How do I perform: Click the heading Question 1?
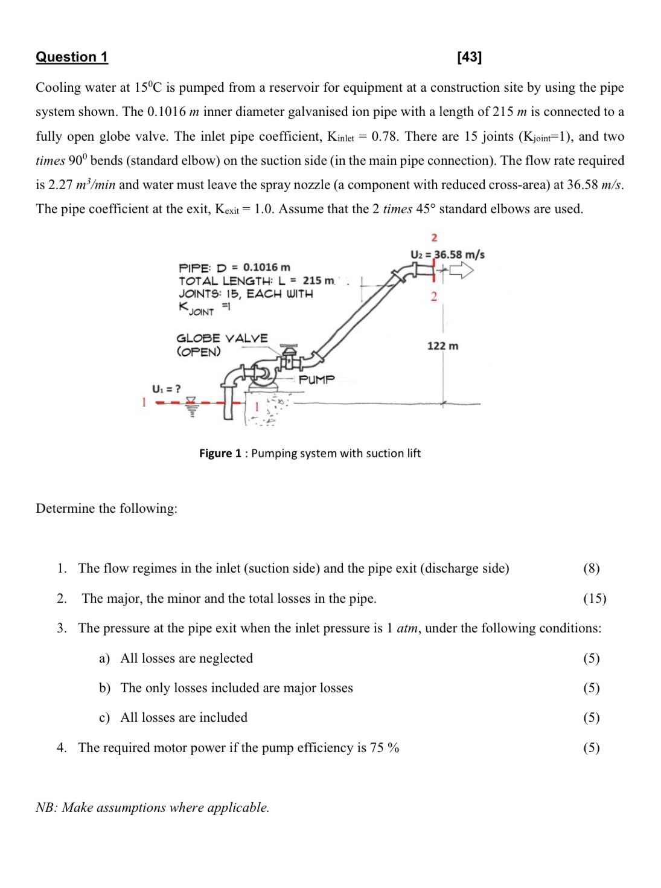point(72,57)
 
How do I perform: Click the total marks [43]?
point(469,57)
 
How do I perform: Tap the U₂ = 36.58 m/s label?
point(447,254)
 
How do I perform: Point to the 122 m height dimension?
point(442,346)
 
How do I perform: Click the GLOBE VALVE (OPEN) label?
point(222,344)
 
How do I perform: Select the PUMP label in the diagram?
point(316,379)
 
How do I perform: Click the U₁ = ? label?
point(166,388)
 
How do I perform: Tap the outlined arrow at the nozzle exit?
point(461,270)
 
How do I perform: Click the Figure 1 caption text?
point(310,453)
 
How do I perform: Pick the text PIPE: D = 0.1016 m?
point(234,267)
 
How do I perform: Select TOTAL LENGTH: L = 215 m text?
point(256,280)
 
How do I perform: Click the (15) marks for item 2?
point(594,598)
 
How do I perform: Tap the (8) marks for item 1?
point(591,568)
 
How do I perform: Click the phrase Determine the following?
point(106,508)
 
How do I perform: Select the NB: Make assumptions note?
point(152,807)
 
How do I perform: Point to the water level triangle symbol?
point(191,401)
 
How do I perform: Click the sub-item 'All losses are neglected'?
point(186,658)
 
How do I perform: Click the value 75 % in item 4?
point(385,747)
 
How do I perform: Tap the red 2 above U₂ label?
point(434,237)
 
